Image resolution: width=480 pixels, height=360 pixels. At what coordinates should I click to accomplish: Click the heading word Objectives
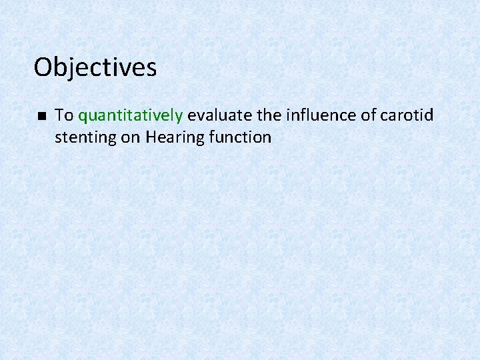pyautogui.click(x=95, y=67)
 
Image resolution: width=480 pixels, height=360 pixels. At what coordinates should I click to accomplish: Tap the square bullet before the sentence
pyautogui.click(x=41, y=116)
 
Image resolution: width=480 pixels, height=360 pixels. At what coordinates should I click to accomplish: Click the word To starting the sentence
pyautogui.click(x=64, y=115)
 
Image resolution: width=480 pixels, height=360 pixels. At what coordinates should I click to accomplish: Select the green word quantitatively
pyautogui.click(x=131, y=116)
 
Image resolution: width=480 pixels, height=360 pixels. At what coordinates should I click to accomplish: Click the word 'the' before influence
pyautogui.click(x=269, y=115)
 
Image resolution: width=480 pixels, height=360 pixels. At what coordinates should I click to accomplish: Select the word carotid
pyautogui.click(x=407, y=115)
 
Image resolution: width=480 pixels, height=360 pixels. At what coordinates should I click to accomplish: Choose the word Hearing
pyautogui.click(x=172, y=138)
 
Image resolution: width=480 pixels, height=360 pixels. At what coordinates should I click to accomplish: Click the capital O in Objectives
pyautogui.click(x=43, y=67)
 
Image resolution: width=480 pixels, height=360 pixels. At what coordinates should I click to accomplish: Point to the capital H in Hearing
pyautogui.click(x=151, y=137)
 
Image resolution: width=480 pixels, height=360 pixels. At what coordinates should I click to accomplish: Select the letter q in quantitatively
pyautogui.click(x=83, y=117)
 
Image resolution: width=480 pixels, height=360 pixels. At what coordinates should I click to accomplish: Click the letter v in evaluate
pyautogui.click(x=199, y=116)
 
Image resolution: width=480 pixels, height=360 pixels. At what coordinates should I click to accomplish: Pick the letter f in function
pyautogui.click(x=211, y=137)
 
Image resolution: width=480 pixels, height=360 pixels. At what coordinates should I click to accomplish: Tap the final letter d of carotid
pyautogui.click(x=429, y=115)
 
